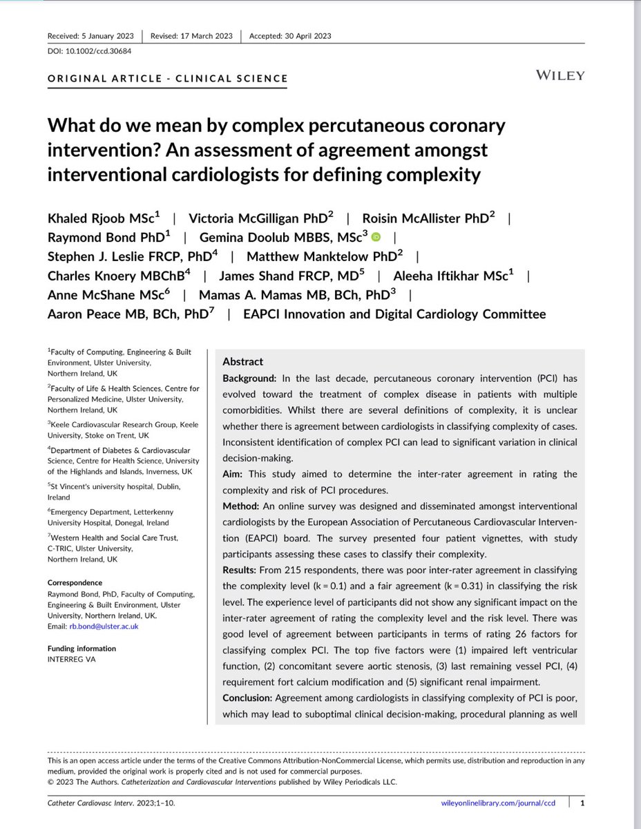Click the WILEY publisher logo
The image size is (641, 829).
559,75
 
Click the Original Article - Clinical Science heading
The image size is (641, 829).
168,78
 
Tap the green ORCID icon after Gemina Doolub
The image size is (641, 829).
376,237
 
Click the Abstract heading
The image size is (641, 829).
242,361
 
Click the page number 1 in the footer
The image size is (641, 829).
583,803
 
